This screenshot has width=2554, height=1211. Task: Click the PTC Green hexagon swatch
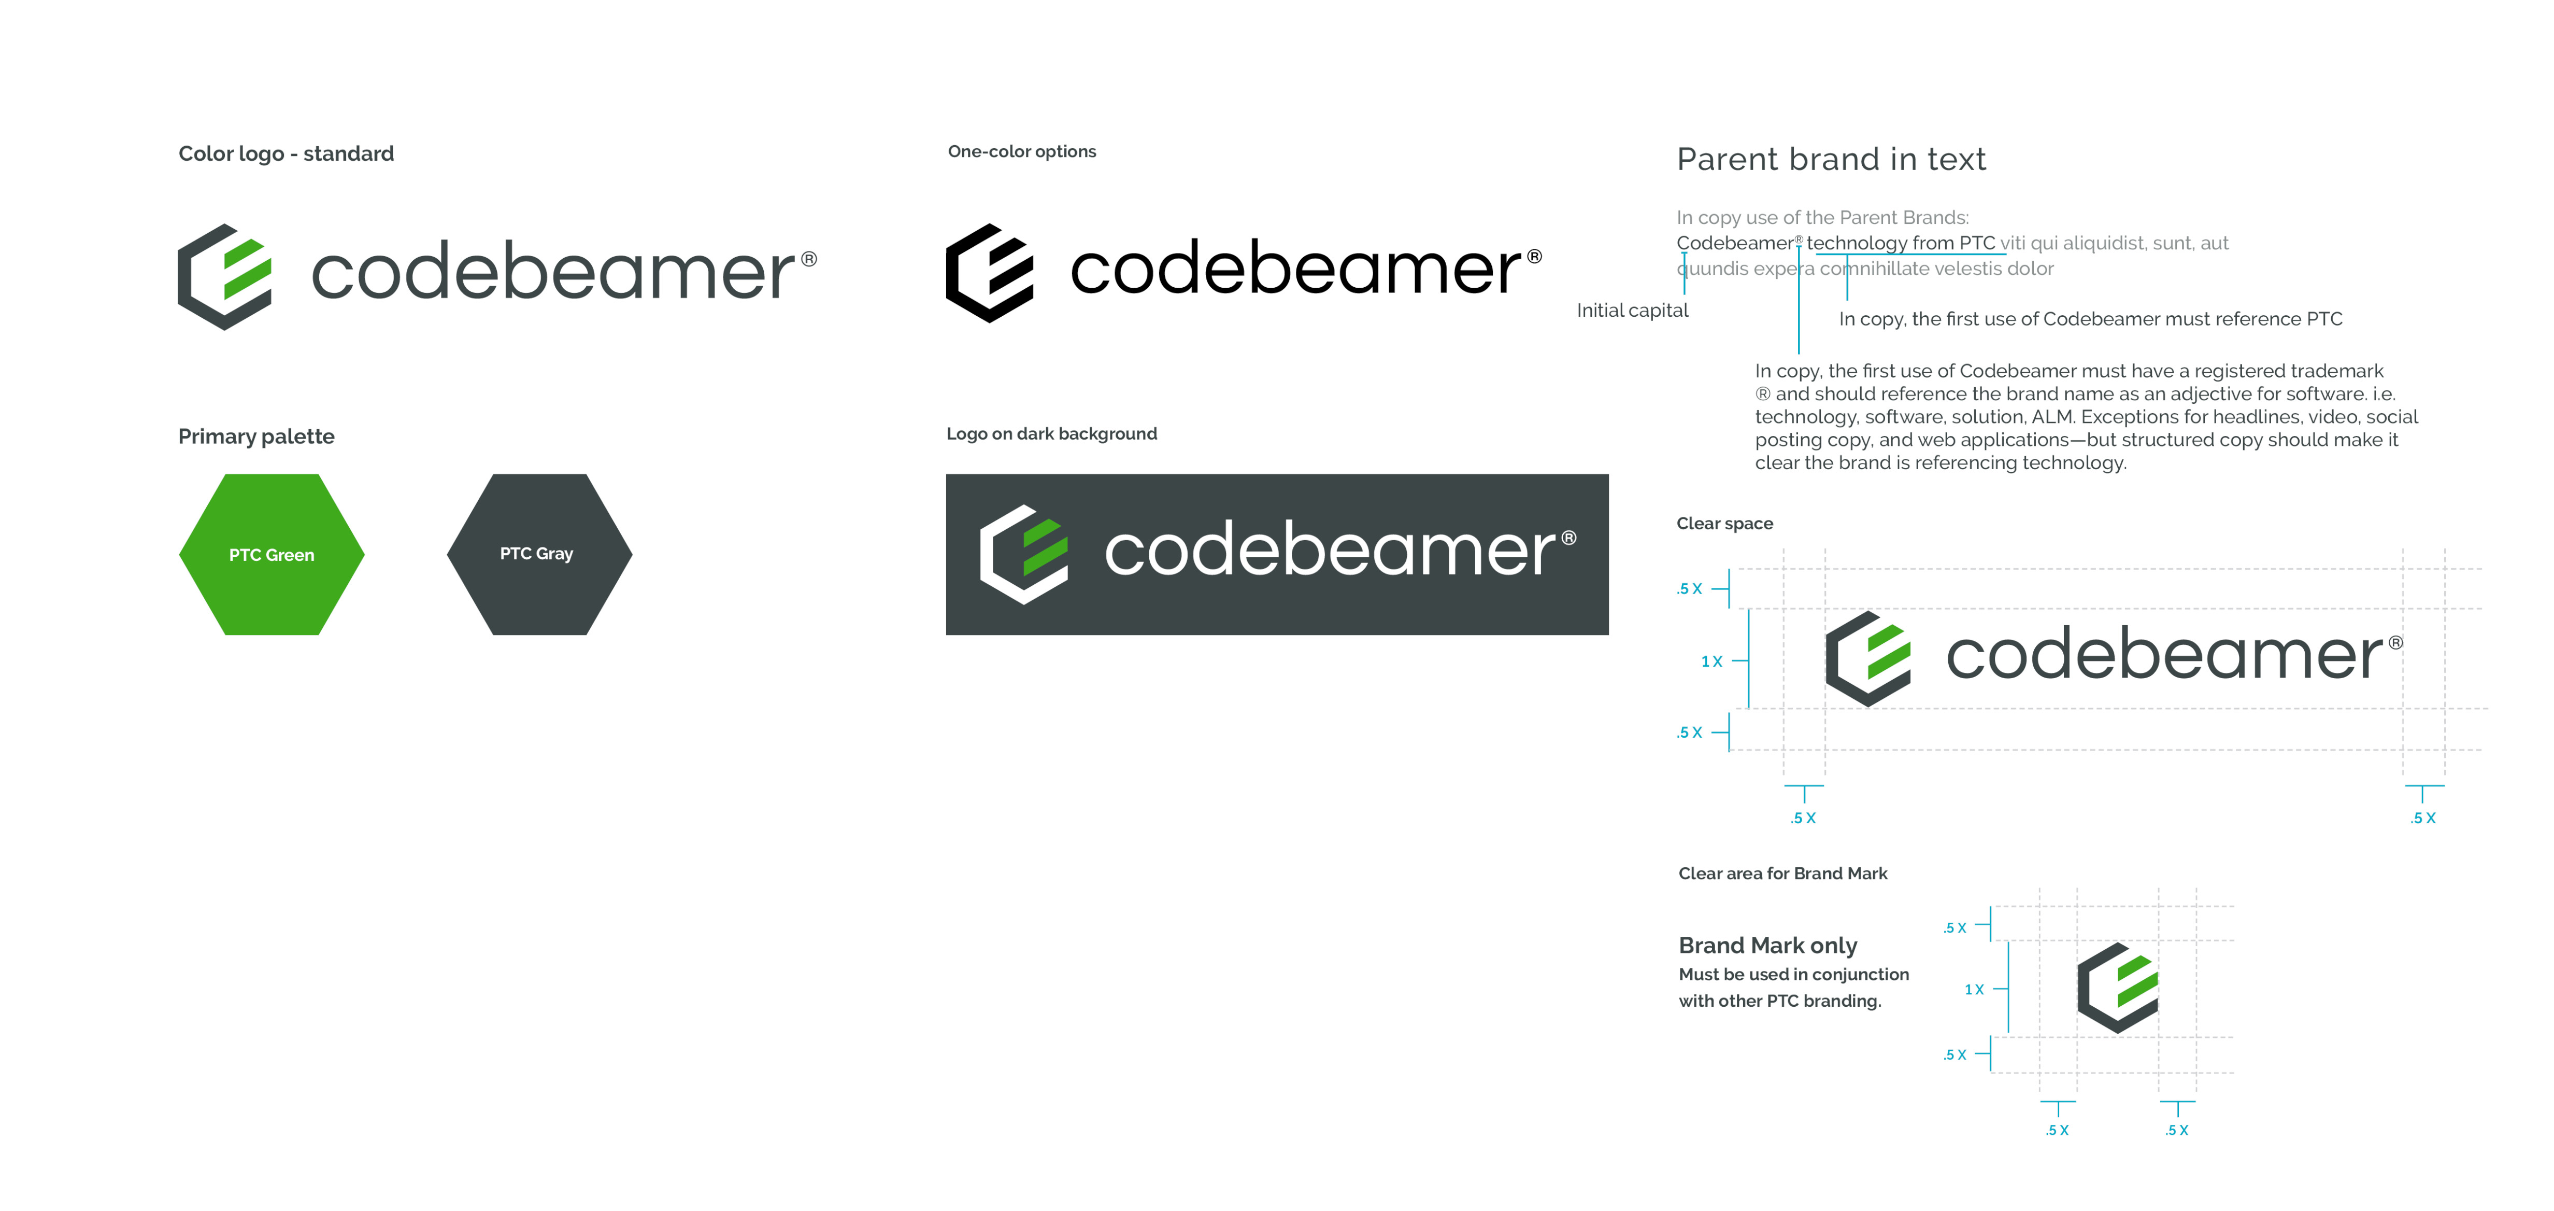click(272, 554)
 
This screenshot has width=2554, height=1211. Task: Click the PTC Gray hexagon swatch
click(539, 554)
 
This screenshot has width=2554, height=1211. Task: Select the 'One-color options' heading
click(1022, 152)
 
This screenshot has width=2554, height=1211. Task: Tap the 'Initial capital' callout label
click(1632, 311)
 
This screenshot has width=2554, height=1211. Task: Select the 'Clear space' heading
click(1724, 524)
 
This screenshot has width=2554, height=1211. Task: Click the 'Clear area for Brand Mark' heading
click(1782, 874)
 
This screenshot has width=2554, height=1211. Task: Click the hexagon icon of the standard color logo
click(224, 277)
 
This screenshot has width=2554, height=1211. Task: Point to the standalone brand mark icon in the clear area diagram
click(2118, 988)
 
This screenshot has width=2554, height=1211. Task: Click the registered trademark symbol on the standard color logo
click(809, 259)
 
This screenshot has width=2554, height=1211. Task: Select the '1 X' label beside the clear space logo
click(1711, 661)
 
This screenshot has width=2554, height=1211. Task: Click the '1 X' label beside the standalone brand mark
click(1974, 990)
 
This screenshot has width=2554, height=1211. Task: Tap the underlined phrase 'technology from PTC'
click(1901, 243)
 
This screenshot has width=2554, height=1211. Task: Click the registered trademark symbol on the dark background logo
click(1568, 538)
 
